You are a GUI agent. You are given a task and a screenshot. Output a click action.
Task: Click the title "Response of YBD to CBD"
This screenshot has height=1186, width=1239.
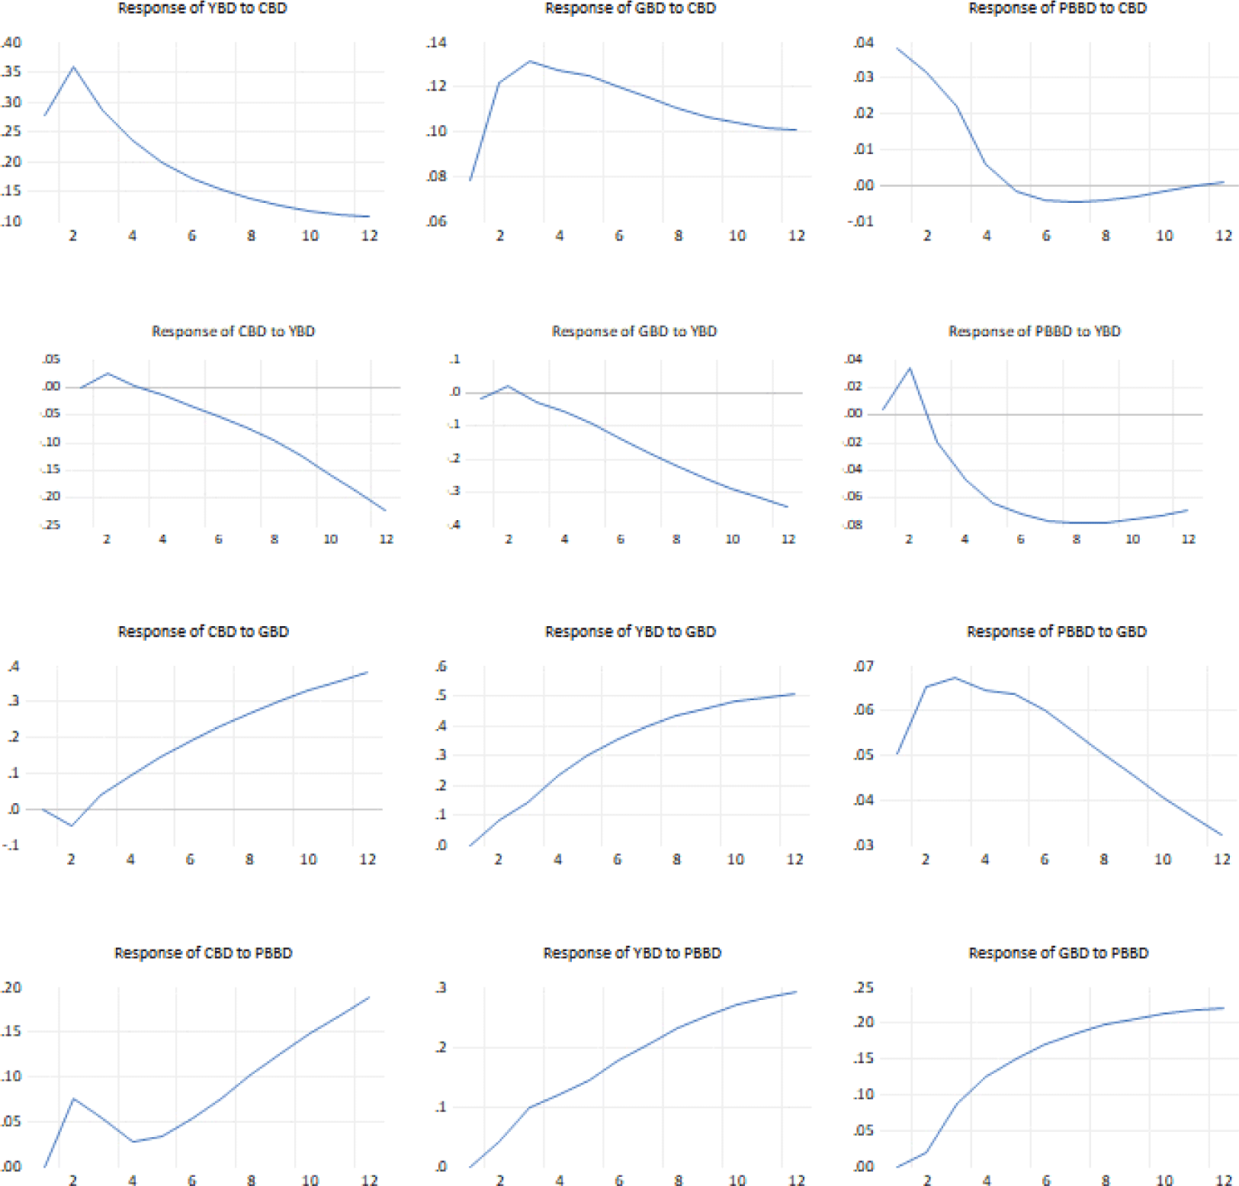[202, 8]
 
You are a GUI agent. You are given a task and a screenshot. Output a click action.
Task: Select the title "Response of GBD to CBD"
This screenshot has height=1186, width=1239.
[630, 8]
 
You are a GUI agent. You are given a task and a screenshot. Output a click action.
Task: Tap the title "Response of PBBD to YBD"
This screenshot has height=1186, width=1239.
[1034, 331]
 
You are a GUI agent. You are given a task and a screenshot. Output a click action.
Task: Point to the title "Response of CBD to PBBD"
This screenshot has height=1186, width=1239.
[203, 953]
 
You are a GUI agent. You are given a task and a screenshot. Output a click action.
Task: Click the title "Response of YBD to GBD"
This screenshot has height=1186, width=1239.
[630, 632]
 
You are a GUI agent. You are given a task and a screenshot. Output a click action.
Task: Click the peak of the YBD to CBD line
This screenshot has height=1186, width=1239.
[73, 67]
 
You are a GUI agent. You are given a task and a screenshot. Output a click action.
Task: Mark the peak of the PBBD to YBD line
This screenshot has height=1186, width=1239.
[910, 368]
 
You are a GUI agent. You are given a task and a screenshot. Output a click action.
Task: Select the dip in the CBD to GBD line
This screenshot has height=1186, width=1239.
[72, 825]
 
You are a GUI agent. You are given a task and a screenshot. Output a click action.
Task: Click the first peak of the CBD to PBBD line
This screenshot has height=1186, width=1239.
[73, 1098]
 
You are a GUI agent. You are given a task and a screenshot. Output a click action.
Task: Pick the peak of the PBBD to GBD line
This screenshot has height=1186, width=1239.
[955, 677]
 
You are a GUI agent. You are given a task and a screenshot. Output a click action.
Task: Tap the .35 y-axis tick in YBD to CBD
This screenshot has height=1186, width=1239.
[11, 72]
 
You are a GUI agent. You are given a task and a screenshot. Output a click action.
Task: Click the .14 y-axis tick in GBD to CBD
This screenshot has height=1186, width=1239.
[436, 43]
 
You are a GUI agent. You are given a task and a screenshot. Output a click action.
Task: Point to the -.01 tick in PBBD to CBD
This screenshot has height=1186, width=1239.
[862, 221]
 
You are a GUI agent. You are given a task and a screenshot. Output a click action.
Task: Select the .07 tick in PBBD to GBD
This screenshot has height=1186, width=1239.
[863, 667]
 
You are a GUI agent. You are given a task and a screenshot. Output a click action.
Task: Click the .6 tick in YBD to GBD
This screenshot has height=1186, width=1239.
[440, 667]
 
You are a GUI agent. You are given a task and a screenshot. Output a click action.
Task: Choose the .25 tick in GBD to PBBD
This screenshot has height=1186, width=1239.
[863, 988]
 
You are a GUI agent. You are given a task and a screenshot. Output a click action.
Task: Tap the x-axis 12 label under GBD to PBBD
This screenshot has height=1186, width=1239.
[1223, 1180]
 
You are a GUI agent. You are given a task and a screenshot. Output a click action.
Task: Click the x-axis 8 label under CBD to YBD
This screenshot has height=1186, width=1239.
[274, 539]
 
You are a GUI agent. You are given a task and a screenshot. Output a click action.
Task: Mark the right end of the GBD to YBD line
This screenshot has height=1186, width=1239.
[788, 506]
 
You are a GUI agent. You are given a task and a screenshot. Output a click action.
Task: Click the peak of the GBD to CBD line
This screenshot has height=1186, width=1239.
[530, 61]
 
